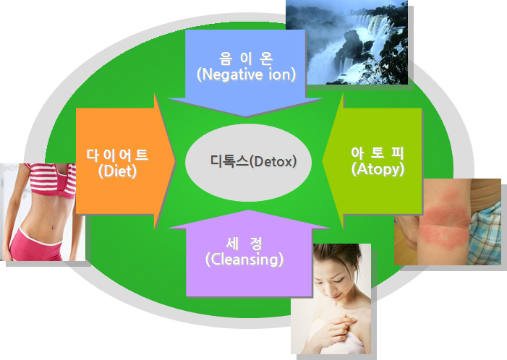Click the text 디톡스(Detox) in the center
tap(253, 161)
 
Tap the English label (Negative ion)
tap(246, 74)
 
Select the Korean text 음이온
tap(246, 58)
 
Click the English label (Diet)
tap(117, 171)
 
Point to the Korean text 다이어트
tap(117, 155)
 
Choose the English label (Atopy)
tap(378, 168)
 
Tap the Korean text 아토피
tap(378, 153)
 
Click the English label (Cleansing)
tap(244, 259)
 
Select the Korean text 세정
tap(244, 244)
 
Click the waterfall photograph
tap(346, 43)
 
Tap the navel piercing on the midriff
tap(53, 226)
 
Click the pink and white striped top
tap(52, 179)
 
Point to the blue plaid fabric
tap(485, 233)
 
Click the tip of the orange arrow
tap(175, 161)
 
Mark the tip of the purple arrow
tap(249, 210)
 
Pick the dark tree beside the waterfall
tap(393, 55)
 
